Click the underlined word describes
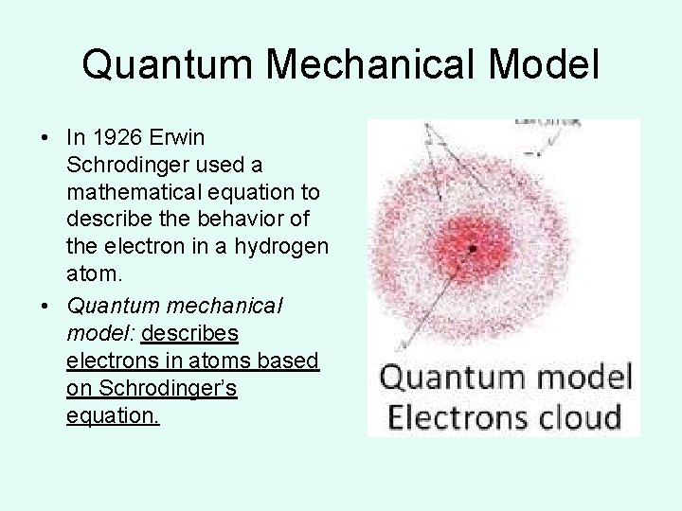[189, 334]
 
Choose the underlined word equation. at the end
[114, 415]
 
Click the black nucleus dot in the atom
[471, 248]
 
